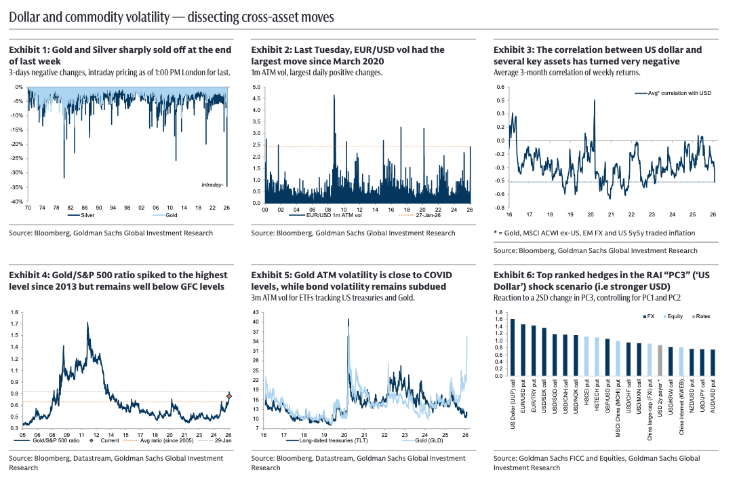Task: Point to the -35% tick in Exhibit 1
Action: tap(17, 187)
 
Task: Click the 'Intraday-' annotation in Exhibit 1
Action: tap(213, 185)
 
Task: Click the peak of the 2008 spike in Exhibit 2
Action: tap(334, 96)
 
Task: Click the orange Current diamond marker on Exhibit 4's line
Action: tap(229, 396)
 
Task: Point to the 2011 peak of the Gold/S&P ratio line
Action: tap(88, 324)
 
